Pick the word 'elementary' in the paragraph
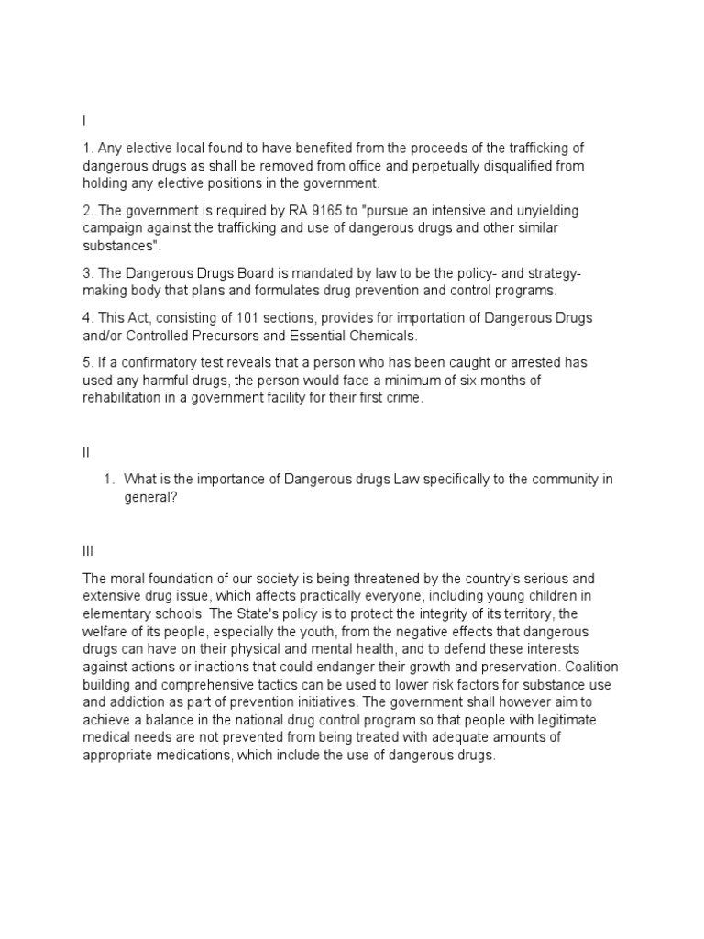tap(116, 613)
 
